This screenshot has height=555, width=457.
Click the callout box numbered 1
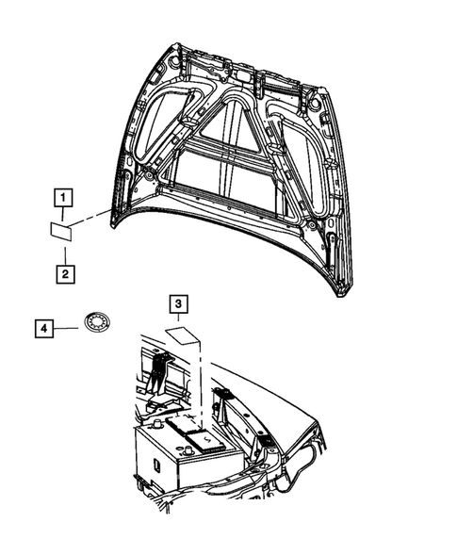pos(62,198)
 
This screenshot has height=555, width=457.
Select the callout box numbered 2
pos(62,274)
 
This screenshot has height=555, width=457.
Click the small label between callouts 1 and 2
pos(62,229)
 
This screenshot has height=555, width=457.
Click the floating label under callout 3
pos(180,335)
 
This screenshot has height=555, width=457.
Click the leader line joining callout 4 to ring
pos(68,327)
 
